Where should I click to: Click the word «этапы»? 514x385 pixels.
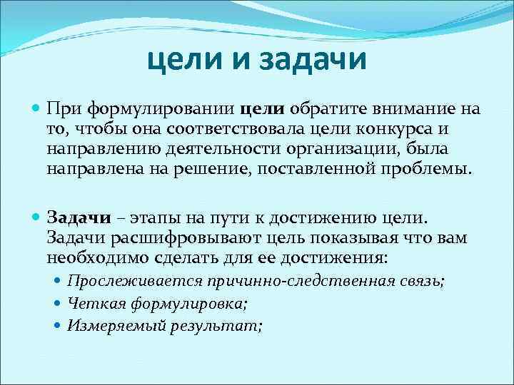(x=148, y=217)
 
